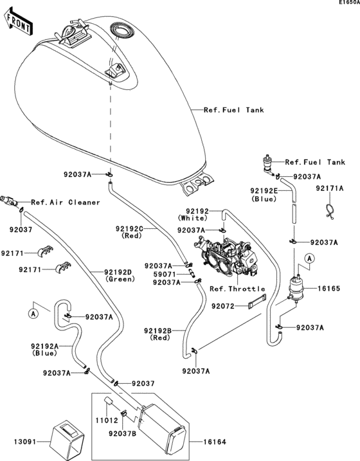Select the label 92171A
pos(330,189)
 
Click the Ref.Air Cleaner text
pos(66,203)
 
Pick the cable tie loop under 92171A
pos(330,210)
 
